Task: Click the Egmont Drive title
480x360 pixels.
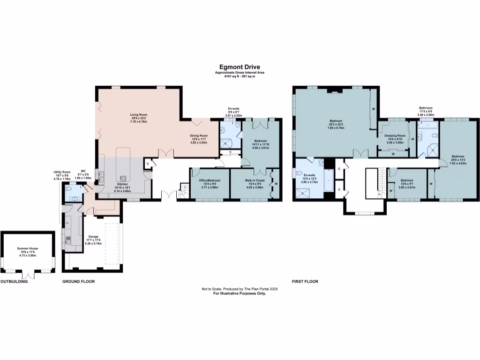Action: click(x=240, y=67)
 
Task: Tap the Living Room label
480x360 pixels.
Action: click(x=139, y=115)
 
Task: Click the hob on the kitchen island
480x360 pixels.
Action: click(x=124, y=178)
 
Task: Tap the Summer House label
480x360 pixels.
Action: click(x=28, y=248)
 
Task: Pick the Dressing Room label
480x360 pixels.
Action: click(x=395, y=135)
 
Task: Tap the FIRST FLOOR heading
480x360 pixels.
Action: click(x=305, y=282)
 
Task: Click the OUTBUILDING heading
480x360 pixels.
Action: click(x=14, y=282)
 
